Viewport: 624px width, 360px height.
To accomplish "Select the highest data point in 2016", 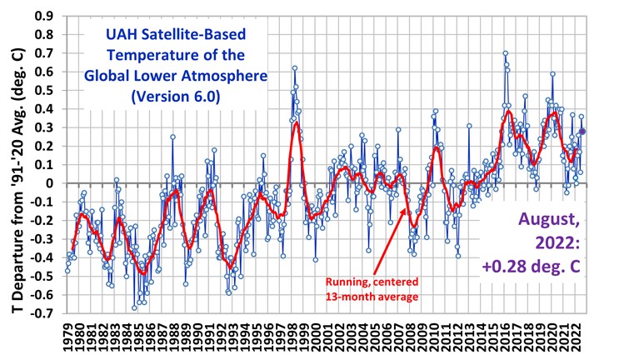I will click(505, 53).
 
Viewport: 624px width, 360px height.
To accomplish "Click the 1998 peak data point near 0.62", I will click(295, 68).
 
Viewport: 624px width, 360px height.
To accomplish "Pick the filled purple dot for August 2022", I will click(583, 131).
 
